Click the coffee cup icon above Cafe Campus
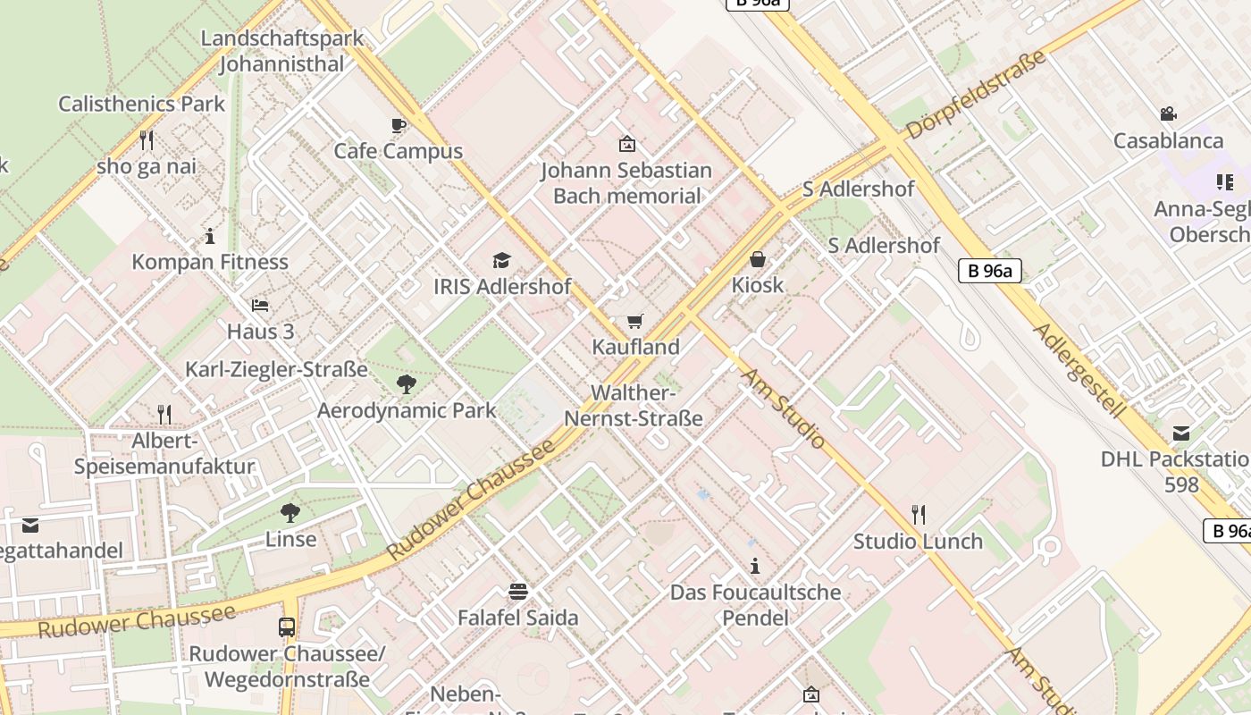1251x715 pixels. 399,125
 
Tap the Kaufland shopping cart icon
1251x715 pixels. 634,321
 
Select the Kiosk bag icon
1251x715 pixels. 758,259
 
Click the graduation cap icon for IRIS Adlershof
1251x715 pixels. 501,260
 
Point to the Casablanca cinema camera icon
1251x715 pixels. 1168,114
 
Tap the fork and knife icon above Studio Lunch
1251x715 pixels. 918,514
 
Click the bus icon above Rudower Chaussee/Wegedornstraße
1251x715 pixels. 287,627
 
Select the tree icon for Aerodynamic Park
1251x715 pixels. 407,384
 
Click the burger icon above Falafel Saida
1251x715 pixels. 517,591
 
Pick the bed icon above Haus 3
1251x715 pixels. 260,305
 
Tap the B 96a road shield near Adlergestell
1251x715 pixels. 989,271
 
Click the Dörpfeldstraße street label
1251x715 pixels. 975,95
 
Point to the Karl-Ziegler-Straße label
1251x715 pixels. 276,369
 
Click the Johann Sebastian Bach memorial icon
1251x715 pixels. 626,143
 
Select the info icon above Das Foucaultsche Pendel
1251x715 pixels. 755,566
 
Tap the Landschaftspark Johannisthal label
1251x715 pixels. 282,51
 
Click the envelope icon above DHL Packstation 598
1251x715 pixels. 1181,433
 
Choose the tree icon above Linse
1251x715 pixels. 290,513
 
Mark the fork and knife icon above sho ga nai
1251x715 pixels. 147,139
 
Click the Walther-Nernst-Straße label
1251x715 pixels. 634,406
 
